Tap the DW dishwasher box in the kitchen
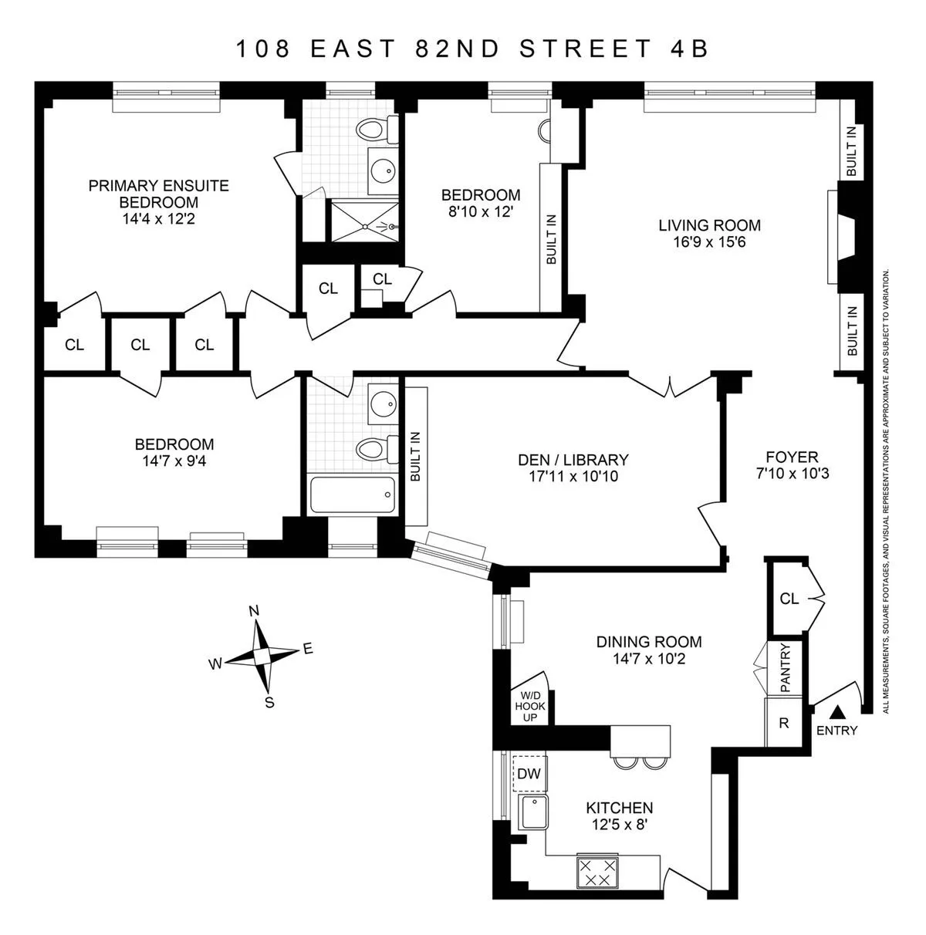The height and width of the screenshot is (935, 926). tap(529, 774)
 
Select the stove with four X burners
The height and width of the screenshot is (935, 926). tap(598, 872)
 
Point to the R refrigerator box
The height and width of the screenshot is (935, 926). tap(784, 723)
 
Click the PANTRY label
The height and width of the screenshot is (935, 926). tap(785, 668)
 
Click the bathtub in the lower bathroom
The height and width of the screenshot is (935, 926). tap(353, 495)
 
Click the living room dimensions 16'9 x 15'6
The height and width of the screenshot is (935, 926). tap(709, 242)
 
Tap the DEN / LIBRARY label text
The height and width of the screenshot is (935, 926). tap(573, 460)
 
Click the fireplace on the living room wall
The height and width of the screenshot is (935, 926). tap(843, 238)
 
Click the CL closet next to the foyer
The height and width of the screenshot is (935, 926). tap(789, 598)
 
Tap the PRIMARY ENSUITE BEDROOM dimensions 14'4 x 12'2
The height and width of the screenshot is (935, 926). tap(158, 219)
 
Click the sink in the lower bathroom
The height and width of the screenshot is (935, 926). tap(382, 403)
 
